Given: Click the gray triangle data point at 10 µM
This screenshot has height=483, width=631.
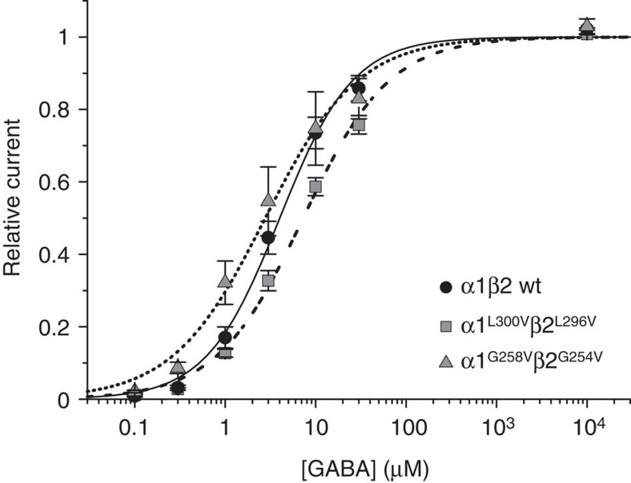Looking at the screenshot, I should tap(315, 126).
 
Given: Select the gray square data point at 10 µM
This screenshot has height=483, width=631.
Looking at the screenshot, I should tap(315, 186).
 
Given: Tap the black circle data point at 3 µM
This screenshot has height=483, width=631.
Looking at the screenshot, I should tap(268, 238).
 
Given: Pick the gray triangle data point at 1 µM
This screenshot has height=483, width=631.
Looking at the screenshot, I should tap(225, 281).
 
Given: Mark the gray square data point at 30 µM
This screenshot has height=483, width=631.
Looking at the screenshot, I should tap(360, 125).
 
